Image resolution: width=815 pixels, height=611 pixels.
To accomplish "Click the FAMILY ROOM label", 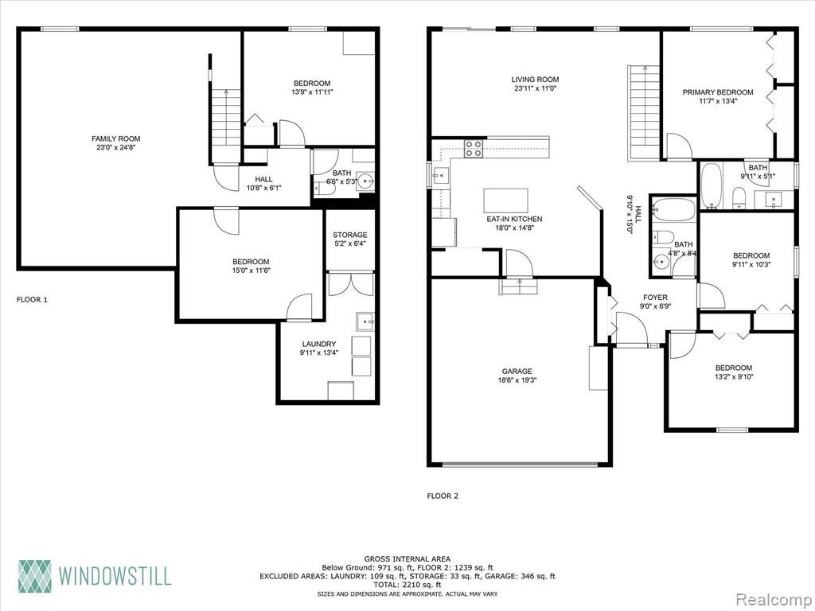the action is (116, 138).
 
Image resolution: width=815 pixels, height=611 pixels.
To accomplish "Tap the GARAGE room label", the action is (517, 371).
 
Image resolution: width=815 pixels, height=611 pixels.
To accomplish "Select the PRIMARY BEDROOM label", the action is (718, 92).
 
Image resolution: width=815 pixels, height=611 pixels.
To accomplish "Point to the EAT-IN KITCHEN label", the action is (514, 220).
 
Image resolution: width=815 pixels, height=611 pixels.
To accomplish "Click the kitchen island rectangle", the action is (505, 200).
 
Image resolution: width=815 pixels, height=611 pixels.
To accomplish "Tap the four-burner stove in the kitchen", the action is (473, 149).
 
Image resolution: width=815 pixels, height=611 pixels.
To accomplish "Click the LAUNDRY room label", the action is (319, 344).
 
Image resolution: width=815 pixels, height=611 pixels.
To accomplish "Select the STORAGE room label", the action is (350, 235).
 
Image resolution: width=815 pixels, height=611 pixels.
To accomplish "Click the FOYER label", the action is (655, 298).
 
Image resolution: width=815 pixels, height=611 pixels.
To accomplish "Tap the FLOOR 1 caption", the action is (32, 300).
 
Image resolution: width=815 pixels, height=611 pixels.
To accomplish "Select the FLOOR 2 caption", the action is (443, 496).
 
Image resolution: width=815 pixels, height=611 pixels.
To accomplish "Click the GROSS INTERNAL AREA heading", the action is (407, 559).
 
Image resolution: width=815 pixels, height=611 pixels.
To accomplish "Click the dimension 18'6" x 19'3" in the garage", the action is (517, 379).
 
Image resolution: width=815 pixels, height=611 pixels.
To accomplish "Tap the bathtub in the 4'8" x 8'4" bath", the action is (673, 210).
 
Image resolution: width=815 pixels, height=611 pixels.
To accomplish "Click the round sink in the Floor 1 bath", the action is (366, 181).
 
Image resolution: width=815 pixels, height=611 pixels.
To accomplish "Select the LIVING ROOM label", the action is (535, 80).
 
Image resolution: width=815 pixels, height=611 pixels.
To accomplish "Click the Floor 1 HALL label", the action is (263, 179).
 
